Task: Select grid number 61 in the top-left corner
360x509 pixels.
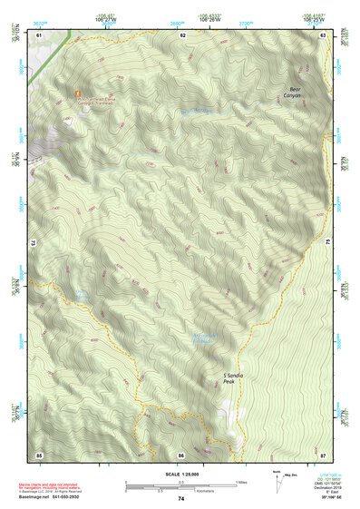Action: (39, 34)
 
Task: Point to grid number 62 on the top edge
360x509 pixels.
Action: (182, 34)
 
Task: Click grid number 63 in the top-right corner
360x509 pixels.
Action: (324, 34)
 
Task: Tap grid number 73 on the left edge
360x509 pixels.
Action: (35, 243)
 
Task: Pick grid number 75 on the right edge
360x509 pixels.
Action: (327, 243)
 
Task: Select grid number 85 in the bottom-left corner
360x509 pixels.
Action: (39, 454)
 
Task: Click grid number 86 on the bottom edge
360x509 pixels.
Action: (181, 454)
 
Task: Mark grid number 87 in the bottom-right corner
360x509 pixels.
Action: (324, 454)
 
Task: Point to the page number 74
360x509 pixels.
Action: (181, 498)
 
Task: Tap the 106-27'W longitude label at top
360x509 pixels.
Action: (106, 15)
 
